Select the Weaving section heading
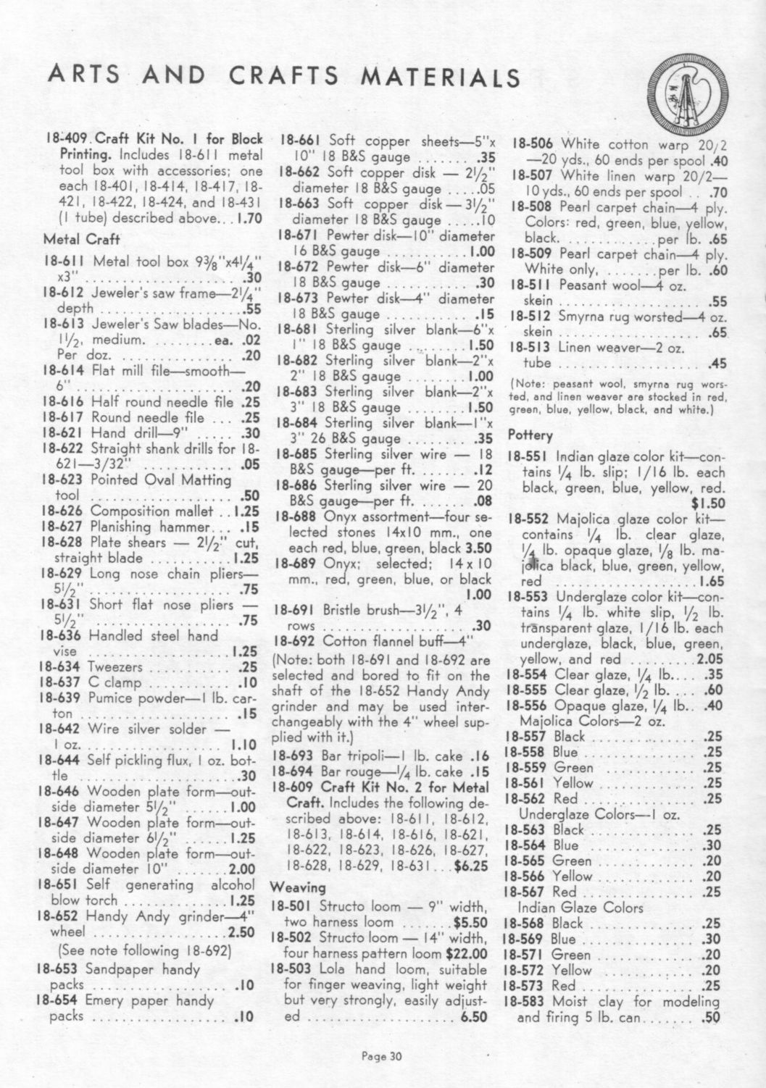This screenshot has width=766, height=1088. coord(298,887)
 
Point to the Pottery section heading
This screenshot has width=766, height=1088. coord(530,435)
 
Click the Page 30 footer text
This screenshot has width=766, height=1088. coord(381,1055)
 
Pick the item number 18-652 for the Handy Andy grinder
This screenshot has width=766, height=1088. coord(61,916)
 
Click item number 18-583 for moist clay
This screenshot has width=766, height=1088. coord(528,1002)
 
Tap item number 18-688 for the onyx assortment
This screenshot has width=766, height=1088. coord(296,517)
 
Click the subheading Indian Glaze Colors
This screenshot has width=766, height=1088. coord(580,908)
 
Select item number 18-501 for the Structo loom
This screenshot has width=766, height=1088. coord(292,906)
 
